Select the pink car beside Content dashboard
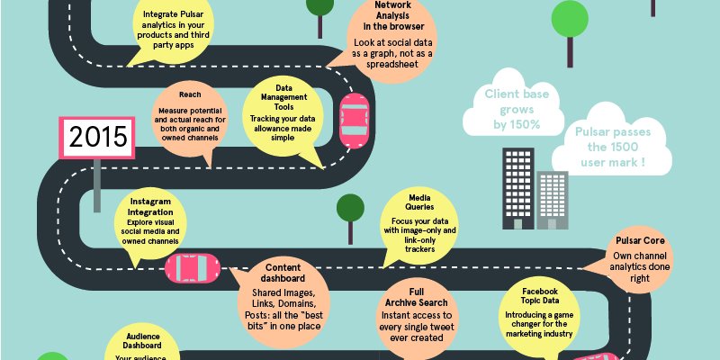coord(193,267)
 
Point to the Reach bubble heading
coord(190,94)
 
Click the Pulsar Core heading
coord(640,241)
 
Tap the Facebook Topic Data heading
coord(541,298)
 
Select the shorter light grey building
coord(553,199)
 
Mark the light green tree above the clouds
coord(568,20)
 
